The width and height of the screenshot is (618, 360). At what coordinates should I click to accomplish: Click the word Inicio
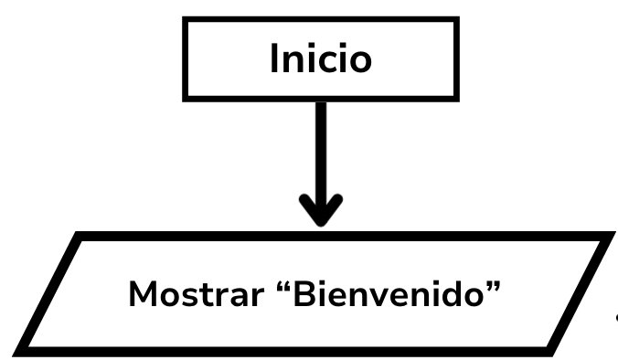[321, 59]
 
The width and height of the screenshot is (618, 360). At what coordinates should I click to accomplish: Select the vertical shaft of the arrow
[321, 146]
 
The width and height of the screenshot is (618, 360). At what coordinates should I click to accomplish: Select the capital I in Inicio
[274, 59]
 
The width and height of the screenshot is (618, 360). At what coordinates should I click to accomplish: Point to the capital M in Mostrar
[142, 294]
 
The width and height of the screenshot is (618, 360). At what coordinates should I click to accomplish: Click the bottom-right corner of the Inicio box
[456, 97]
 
